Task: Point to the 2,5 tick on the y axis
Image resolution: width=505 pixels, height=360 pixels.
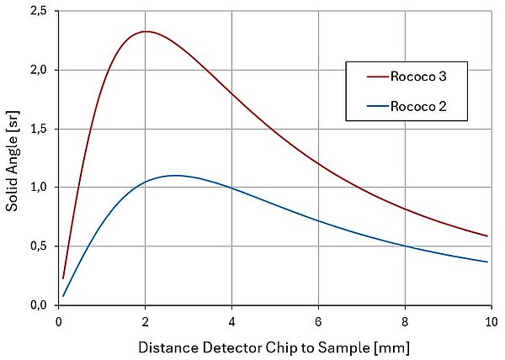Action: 38,12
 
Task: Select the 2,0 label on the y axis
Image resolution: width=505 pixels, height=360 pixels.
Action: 38,71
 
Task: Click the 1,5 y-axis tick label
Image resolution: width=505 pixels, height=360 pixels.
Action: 38,130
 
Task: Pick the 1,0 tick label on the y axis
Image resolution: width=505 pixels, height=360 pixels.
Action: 38,188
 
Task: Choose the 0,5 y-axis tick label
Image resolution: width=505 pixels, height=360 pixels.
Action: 38,246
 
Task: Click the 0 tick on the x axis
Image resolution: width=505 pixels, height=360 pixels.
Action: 58,320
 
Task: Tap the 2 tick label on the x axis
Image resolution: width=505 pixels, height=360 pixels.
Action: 145,320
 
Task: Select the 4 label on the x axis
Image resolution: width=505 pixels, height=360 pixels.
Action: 231,320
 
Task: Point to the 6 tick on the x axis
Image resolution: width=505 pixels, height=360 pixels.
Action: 318,320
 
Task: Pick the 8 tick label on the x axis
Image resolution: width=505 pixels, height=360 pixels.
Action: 405,320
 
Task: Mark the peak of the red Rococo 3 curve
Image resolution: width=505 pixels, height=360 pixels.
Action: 146,32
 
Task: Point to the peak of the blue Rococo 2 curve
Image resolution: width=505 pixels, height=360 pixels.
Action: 175,176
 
